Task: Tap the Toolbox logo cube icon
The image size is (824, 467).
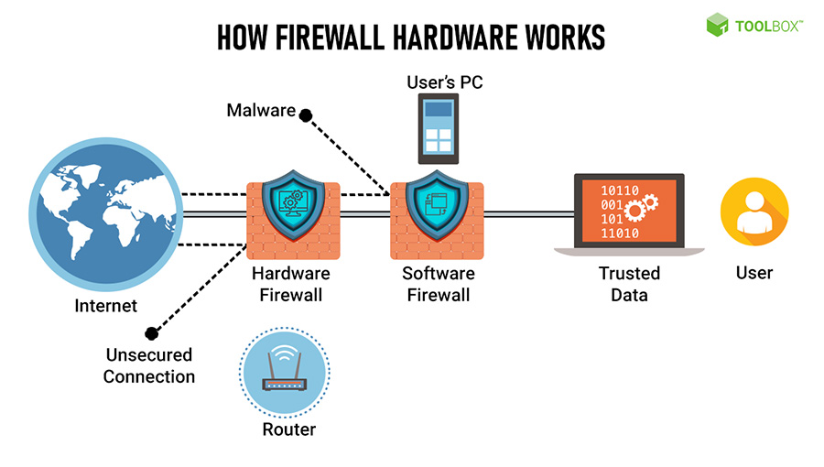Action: pyautogui.click(x=717, y=26)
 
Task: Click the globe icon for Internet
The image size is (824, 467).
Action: pyautogui.click(x=102, y=215)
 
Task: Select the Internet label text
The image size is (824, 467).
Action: pyautogui.click(x=105, y=306)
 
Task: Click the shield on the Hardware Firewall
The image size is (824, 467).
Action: pyautogui.click(x=290, y=210)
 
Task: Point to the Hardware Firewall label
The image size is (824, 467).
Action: pyautogui.click(x=290, y=284)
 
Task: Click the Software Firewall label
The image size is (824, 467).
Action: pyautogui.click(x=438, y=284)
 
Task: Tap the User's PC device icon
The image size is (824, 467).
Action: pyautogui.click(x=438, y=129)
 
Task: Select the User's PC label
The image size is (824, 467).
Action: pyautogui.click(x=444, y=82)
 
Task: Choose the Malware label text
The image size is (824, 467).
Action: pyautogui.click(x=261, y=111)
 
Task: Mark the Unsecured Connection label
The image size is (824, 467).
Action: pyautogui.click(x=149, y=365)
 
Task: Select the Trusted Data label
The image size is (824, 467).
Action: pyautogui.click(x=629, y=284)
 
